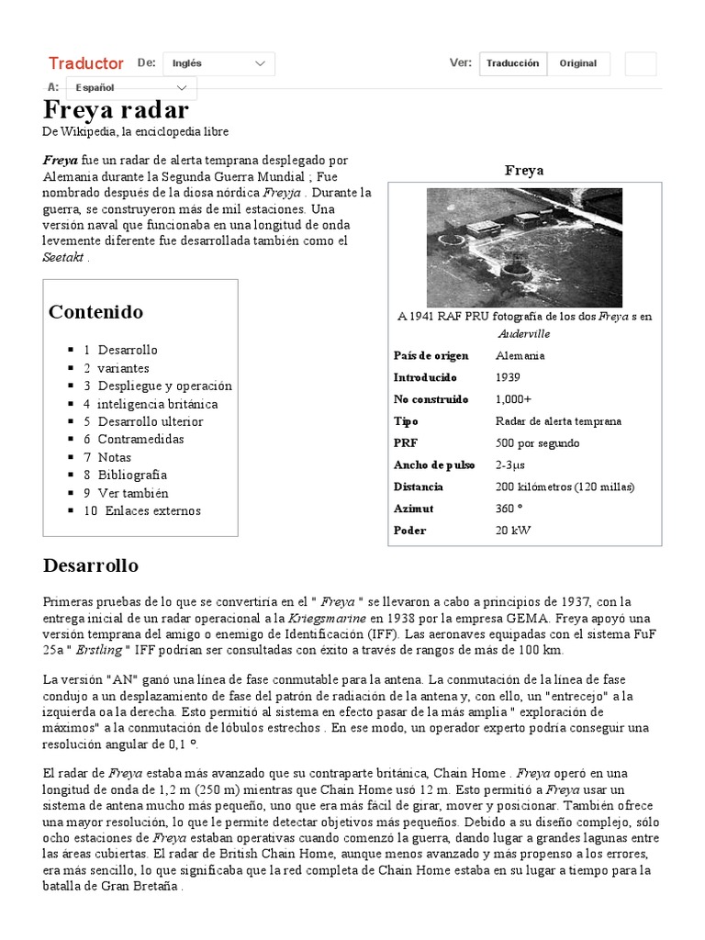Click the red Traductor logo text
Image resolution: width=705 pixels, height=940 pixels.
(85, 63)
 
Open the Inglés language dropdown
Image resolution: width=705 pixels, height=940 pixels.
(218, 63)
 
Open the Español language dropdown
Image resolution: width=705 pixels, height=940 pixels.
(134, 88)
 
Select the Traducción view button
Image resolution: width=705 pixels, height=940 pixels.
(512, 63)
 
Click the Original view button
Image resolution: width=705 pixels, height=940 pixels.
(577, 63)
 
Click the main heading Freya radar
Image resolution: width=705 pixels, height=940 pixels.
(116, 110)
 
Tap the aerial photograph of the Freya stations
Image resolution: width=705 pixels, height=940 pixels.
(524, 247)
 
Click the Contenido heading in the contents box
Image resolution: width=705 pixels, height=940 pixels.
(95, 311)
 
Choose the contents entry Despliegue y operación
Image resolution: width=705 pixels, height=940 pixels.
(165, 386)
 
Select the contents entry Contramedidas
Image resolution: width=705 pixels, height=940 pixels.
(140, 439)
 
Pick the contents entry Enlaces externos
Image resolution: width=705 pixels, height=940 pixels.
(152, 510)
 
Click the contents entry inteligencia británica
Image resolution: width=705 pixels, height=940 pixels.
(158, 404)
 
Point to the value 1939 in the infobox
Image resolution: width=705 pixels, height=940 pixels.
(508, 377)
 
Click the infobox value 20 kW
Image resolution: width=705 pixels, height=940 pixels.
(512, 530)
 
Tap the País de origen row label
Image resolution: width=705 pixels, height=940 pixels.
(431, 355)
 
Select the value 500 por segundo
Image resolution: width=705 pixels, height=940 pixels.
(537, 442)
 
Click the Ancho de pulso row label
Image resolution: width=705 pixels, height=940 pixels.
(434, 464)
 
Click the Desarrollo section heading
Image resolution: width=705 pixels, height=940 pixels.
(91, 565)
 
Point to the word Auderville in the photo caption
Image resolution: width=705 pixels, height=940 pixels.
(524, 333)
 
